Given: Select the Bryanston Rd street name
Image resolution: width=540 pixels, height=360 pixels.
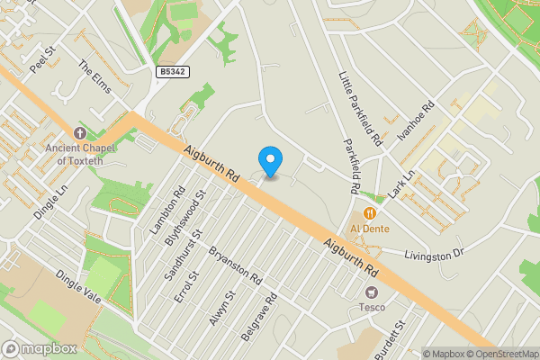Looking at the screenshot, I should pyautogui.click(x=235, y=264).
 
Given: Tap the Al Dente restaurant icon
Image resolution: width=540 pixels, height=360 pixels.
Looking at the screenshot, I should pyautogui.click(x=369, y=214).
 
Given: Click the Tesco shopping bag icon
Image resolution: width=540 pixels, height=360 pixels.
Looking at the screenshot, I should pyautogui.click(x=370, y=292).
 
